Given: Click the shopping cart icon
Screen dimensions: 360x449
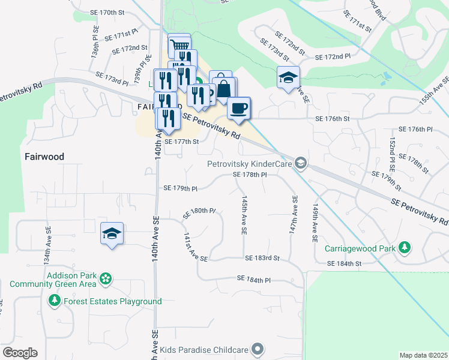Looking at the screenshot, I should [179, 45].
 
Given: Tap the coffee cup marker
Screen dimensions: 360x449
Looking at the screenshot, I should [239, 108].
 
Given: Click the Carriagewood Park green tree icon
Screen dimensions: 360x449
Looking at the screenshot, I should [405, 247].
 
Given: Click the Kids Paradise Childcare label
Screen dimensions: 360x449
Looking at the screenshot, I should [204, 349].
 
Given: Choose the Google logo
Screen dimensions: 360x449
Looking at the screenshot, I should [20, 353].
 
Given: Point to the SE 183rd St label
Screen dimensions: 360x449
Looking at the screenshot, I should [262, 258].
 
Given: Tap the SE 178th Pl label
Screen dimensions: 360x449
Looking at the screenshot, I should [250, 175].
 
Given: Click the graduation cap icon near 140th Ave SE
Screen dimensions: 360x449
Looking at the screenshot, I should [112, 234].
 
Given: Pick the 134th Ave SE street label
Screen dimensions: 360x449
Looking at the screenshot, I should [47, 246].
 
